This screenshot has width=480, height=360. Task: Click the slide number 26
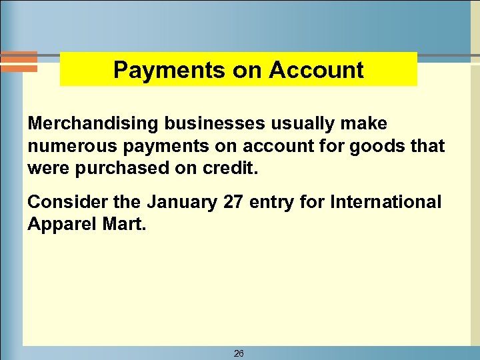click(x=239, y=353)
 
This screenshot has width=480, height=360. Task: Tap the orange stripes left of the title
click(x=18, y=61)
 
